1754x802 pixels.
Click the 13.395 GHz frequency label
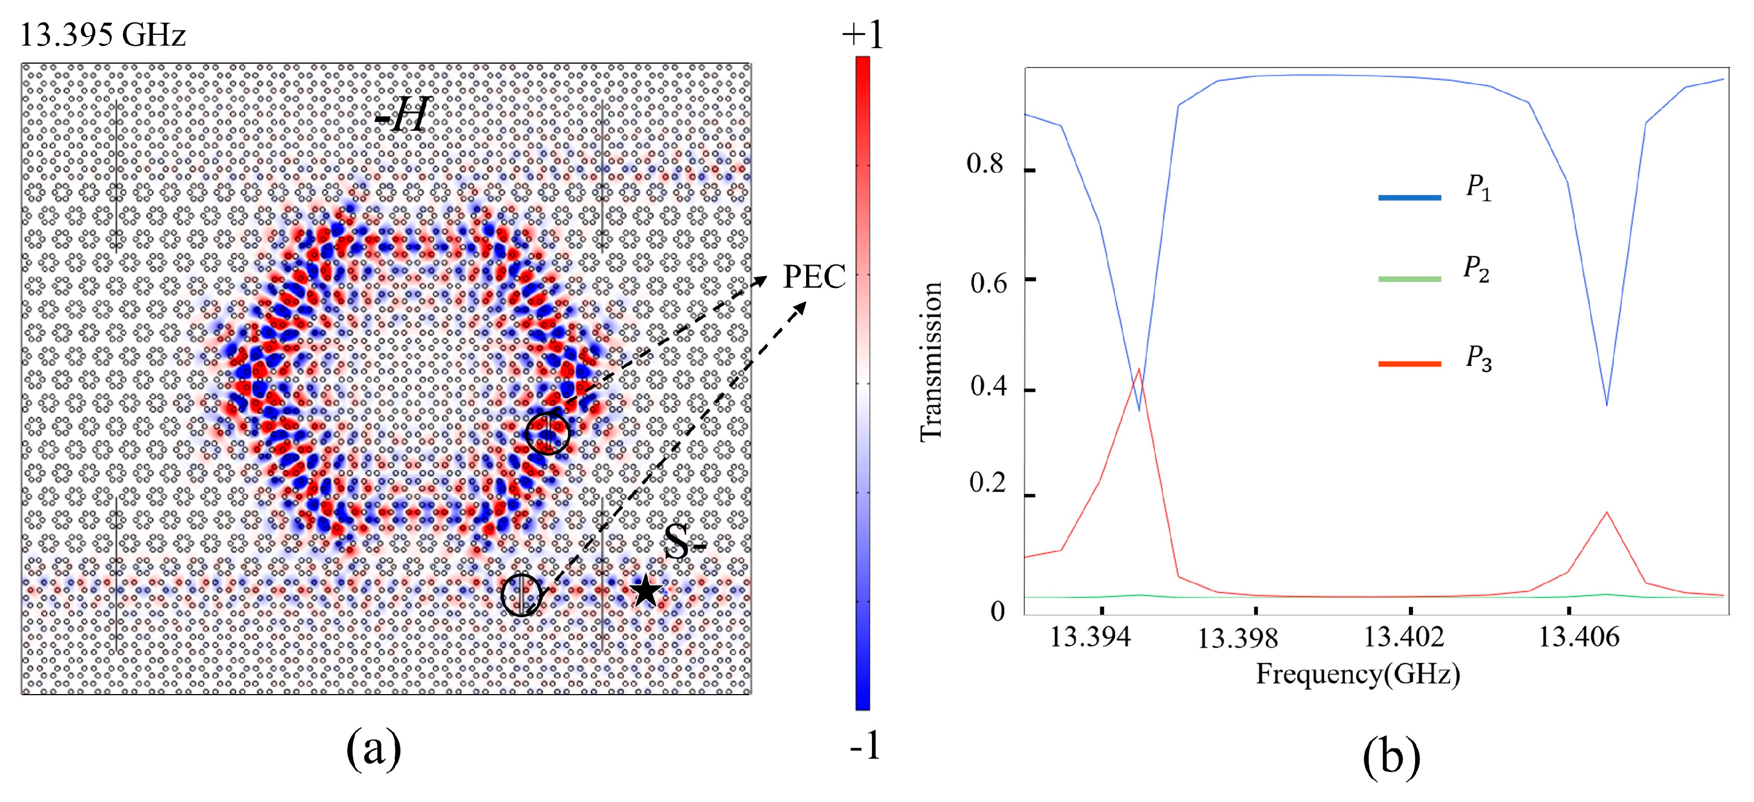(102, 35)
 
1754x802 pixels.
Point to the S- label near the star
(684, 542)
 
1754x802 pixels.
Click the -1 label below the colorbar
(865, 746)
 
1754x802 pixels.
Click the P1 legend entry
(1478, 187)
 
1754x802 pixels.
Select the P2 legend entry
(1476, 269)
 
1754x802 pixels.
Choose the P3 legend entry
(1478, 359)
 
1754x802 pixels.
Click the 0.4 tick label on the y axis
(987, 386)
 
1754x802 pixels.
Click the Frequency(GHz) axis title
(1358, 674)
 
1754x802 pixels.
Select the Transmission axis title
(931, 361)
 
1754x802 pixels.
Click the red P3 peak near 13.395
(1139, 369)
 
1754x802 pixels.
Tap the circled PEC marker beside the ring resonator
(548, 432)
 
